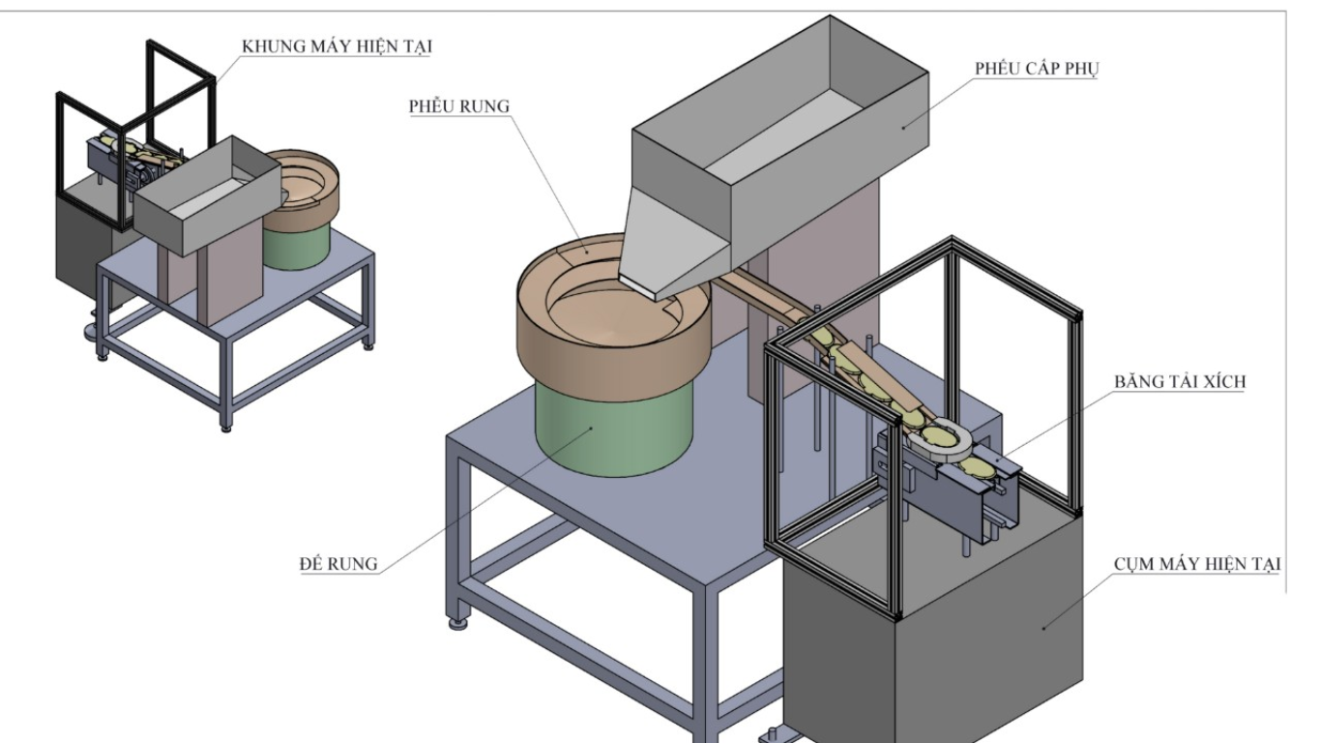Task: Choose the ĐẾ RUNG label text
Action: tap(338, 564)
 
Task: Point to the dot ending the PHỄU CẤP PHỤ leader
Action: tap(905, 125)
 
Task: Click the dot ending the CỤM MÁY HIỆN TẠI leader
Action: tap(1044, 627)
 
